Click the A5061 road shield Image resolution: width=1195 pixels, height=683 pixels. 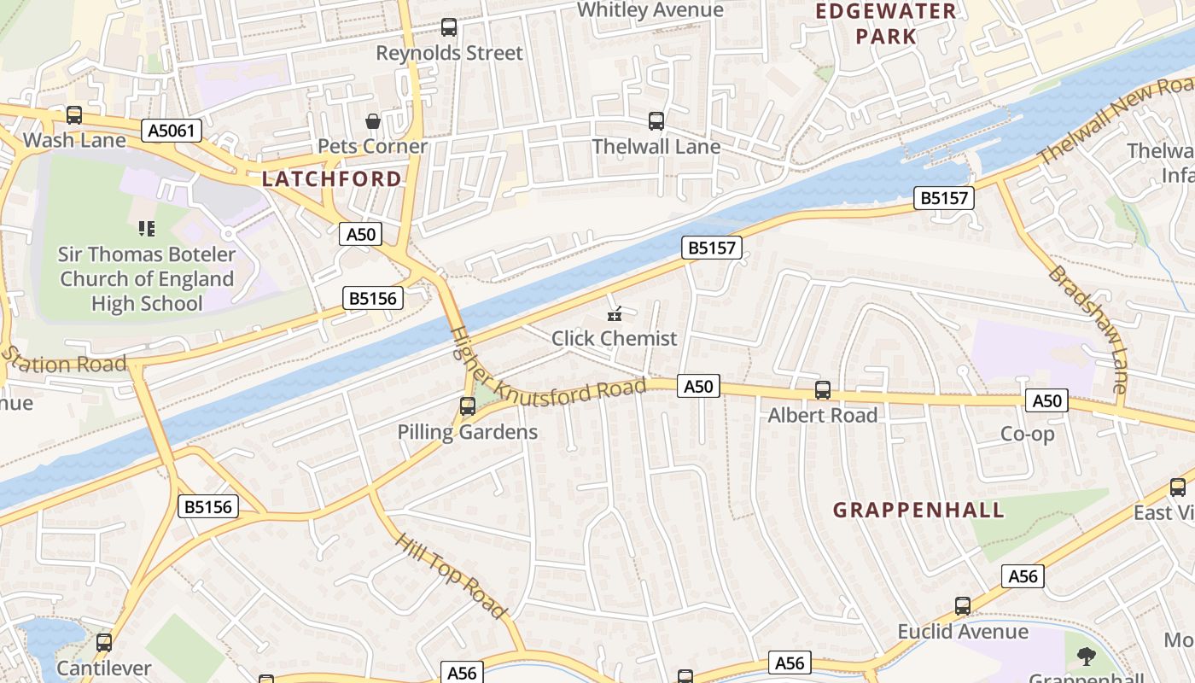pyautogui.click(x=172, y=131)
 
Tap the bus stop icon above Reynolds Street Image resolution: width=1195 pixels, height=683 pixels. pyautogui.click(x=449, y=27)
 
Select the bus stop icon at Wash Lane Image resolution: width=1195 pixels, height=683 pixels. pyautogui.click(x=74, y=114)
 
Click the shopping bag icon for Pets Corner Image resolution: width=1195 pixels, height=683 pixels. pyautogui.click(x=372, y=121)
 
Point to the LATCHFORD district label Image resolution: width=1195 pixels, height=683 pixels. pyautogui.click(x=331, y=178)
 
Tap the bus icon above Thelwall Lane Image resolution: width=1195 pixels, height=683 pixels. pyautogui.click(x=656, y=121)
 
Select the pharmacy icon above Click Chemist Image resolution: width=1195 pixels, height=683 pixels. pyautogui.click(x=614, y=314)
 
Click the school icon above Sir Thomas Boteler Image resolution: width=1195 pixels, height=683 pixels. pyautogui.click(x=146, y=229)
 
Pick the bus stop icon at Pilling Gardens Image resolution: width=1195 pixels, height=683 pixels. pyautogui.click(x=467, y=406)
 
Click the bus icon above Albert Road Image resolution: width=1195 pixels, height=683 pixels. pyautogui.click(x=822, y=390)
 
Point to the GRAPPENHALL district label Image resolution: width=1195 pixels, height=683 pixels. pyautogui.click(x=918, y=511)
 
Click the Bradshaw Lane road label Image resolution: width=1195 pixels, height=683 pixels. pyautogui.click(x=1087, y=328)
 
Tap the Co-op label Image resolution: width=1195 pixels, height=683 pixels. pyautogui.click(x=1027, y=434)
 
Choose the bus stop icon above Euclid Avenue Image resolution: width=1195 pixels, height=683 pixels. pyautogui.click(x=962, y=606)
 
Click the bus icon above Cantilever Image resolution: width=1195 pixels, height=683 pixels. pyautogui.click(x=104, y=643)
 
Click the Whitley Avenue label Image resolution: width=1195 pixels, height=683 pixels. pyautogui.click(x=650, y=10)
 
